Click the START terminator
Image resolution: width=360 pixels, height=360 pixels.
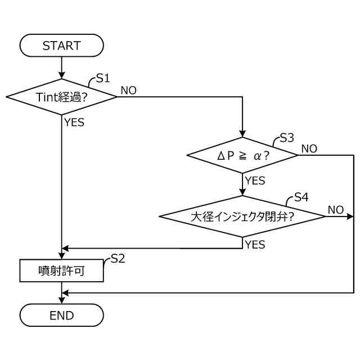click(61, 45)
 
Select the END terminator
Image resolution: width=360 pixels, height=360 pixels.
click(61, 315)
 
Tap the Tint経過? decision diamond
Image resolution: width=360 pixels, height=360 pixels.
click(61, 97)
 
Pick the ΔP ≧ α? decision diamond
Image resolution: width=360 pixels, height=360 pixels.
click(242, 155)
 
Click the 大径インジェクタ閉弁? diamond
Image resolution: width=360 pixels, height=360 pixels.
click(242, 216)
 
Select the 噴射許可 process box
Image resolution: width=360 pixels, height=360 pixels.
click(61, 271)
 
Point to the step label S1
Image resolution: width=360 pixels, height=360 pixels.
click(103, 78)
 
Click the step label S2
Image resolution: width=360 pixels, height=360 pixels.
click(118, 259)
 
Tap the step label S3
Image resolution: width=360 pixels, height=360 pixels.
click(287, 138)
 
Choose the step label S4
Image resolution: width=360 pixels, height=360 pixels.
click(301, 197)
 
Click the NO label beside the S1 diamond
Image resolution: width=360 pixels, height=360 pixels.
click(129, 91)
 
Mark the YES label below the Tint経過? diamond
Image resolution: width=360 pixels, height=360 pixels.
click(74, 122)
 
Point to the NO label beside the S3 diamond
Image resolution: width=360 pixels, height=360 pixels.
click(309, 148)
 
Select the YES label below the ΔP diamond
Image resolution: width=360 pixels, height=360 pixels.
click(255, 181)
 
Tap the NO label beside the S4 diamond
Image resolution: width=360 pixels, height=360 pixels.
click(336, 210)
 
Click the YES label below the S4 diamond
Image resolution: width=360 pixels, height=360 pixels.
click(255, 245)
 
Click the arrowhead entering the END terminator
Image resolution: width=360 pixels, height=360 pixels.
click(61, 300)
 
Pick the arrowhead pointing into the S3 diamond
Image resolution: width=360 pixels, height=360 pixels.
click(242, 134)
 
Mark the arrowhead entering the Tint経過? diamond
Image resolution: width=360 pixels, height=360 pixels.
click(61, 75)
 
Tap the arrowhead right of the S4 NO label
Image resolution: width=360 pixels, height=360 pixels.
click(350, 216)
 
